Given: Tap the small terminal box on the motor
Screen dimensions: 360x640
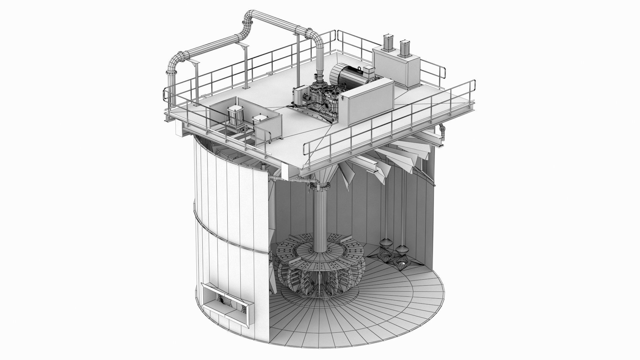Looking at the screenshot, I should coord(369,70).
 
